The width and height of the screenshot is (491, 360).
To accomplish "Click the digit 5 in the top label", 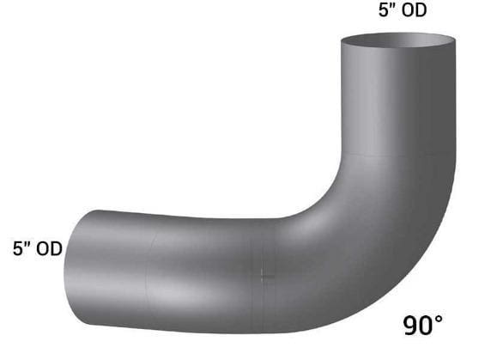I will pos(383,11).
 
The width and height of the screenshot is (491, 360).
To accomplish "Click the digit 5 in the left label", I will pos(18,248).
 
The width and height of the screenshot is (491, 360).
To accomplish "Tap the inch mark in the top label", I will pos(391,8).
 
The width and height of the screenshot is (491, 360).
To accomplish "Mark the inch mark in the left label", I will pos(27,245).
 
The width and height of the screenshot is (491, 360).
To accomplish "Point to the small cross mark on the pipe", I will pos(263,275).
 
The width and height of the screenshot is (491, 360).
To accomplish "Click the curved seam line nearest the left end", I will pos(149,275).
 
